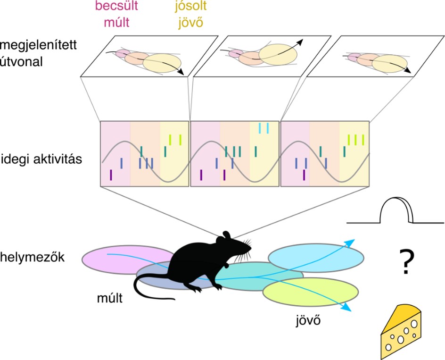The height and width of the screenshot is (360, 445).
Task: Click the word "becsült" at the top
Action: pos(116,6)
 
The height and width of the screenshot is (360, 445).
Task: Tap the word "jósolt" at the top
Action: pos(191,6)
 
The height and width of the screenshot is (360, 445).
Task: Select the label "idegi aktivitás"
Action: pos(41,159)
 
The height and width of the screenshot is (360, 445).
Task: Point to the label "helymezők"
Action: pos(33,257)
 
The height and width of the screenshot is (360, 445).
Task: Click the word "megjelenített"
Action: pos(39,45)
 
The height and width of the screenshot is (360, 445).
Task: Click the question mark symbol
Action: pos(407,261)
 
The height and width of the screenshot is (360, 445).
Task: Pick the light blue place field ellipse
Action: pos(316,258)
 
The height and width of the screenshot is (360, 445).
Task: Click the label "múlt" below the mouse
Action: pos(110,298)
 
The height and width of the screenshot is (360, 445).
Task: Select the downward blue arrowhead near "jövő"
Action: pos(347,308)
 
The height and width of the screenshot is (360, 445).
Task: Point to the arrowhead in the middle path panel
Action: pos(300,42)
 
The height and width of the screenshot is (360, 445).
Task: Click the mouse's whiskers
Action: pos(245,250)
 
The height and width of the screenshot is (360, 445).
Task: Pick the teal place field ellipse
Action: pos(259,276)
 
